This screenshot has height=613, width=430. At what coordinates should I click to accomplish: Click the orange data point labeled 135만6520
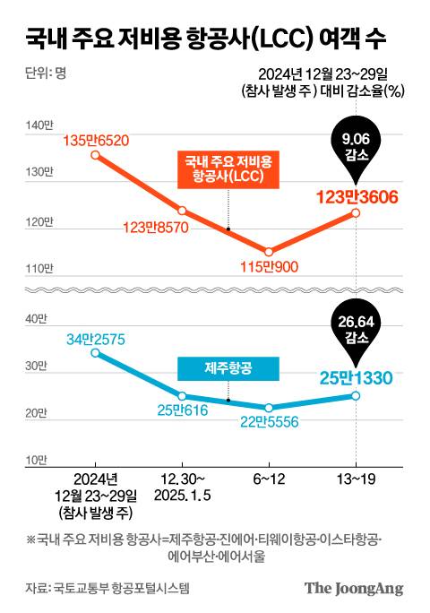(x=96, y=155)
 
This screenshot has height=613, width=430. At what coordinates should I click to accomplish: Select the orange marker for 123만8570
(x=182, y=211)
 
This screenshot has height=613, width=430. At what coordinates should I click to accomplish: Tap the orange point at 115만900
(x=269, y=251)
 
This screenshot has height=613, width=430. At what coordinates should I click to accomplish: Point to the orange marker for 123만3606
(x=356, y=212)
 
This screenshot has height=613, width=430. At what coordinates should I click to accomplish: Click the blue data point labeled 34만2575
(x=96, y=353)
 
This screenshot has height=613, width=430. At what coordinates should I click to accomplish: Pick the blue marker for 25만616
(x=182, y=395)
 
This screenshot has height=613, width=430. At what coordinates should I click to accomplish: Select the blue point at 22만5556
(x=269, y=408)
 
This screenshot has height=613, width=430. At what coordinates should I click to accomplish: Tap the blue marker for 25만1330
(x=356, y=395)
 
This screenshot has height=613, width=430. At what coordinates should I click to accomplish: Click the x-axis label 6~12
(x=269, y=479)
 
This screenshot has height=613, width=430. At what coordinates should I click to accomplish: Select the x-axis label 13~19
(x=356, y=479)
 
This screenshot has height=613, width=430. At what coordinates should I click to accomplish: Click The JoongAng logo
(x=354, y=589)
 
